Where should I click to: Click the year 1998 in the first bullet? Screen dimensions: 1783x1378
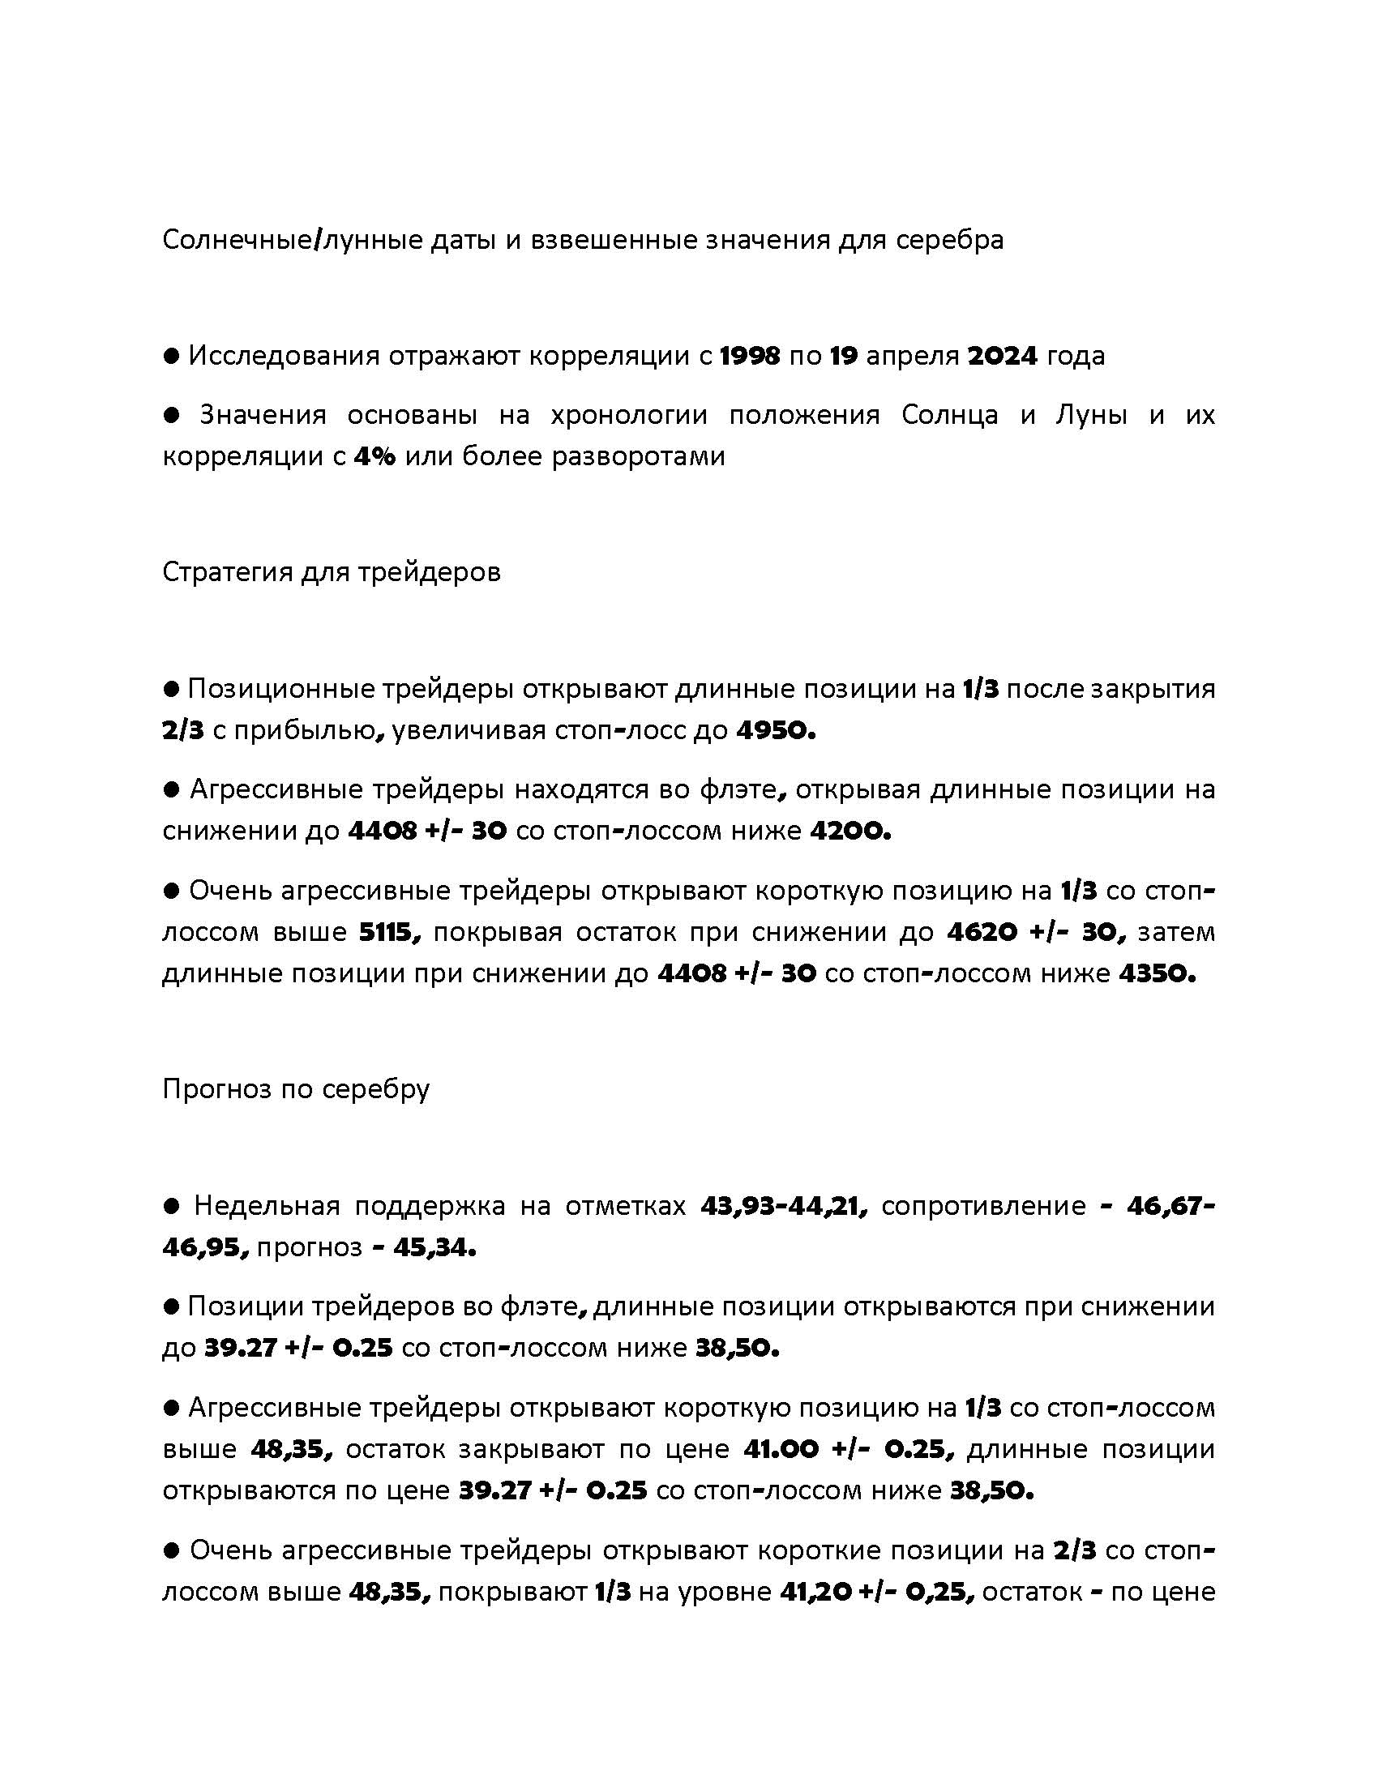(x=751, y=356)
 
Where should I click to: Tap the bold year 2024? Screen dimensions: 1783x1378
(x=1003, y=356)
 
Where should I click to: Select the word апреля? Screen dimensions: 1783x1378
(x=912, y=357)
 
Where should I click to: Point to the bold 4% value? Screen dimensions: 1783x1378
(x=374, y=455)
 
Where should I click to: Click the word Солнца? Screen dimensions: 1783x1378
(x=949, y=415)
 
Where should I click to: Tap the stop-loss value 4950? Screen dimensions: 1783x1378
(x=776, y=730)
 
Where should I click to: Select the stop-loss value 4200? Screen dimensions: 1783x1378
(x=849, y=831)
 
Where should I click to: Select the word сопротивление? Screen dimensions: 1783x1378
(x=984, y=1206)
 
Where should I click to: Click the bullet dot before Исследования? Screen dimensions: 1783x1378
(x=171, y=356)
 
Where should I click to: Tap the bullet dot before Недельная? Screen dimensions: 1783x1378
(x=171, y=1206)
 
